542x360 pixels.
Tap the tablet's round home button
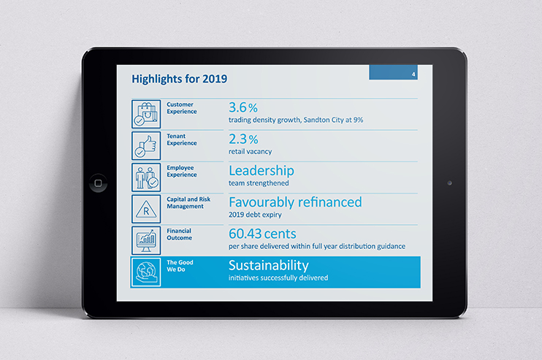point(97,183)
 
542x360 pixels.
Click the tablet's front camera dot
point(449,183)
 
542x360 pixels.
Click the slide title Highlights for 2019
point(178,78)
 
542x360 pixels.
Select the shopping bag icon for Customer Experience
point(146,114)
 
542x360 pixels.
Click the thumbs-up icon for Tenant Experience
point(146,145)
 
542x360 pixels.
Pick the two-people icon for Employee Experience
point(146,177)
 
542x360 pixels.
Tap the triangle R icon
point(146,209)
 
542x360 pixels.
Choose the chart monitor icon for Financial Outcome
point(146,240)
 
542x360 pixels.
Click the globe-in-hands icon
point(146,272)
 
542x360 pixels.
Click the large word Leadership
point(262,171)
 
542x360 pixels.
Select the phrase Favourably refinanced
point(295,202)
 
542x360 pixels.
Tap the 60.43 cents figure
point(263,234)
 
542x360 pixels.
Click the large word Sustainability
point(269,265)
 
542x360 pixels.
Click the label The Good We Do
point(180,266)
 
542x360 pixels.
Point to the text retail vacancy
point(250,152)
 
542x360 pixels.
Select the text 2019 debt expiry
point(255,215)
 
